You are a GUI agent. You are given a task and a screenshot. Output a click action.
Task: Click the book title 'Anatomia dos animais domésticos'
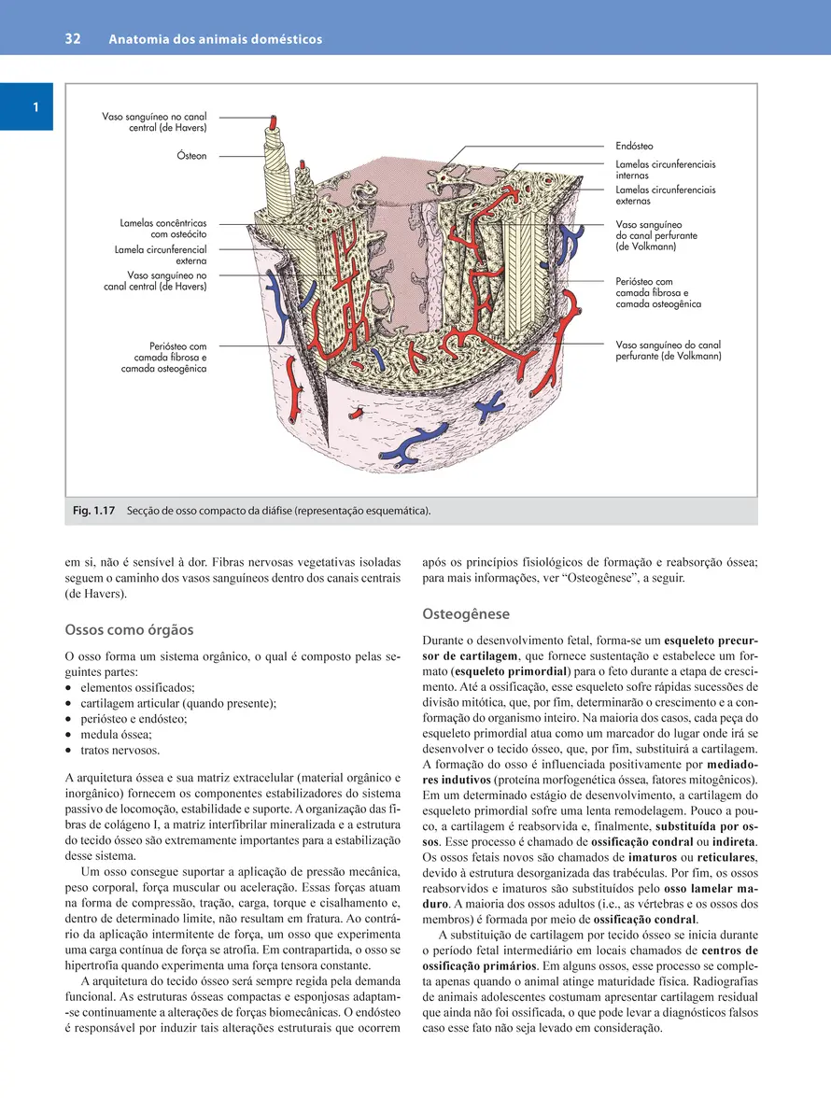[x=215, y=39]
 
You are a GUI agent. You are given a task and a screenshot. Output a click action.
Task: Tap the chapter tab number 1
[x=35, y=107]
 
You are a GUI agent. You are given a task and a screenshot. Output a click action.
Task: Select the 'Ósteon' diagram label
[x=191, y=156]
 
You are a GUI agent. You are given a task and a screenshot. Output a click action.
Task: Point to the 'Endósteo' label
[x=634, y=147]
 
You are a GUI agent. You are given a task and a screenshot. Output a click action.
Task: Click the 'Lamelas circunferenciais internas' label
[x=665, y=169]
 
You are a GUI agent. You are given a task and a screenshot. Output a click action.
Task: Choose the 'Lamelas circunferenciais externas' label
[x=665, y=195]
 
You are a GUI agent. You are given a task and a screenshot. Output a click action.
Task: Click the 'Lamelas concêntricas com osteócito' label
[x=163, y=229]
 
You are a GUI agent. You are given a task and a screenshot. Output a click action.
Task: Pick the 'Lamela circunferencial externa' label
[x=160, y=256]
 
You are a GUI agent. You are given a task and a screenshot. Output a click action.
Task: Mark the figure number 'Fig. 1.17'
[x=93, y=511]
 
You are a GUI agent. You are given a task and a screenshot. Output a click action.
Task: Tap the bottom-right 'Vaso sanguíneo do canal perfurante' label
[x=668, y=350]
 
